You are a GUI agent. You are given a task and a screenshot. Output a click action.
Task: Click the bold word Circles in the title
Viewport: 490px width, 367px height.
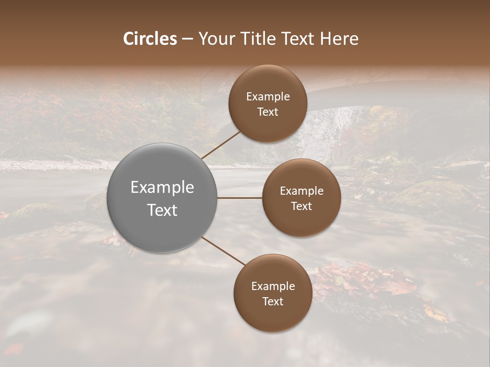tap(150, 39)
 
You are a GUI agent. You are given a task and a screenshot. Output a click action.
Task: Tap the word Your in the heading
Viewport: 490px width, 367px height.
tap(214, 39)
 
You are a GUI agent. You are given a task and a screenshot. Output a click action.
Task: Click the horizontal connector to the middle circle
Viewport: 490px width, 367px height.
tap(239, 198)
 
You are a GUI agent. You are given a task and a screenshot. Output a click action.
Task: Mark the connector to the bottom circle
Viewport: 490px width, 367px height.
tap(223, 251)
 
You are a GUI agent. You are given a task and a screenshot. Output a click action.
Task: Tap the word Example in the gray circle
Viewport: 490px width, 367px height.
tap(162, 188)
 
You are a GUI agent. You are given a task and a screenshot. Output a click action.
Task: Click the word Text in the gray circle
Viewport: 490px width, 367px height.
tap(162, 210)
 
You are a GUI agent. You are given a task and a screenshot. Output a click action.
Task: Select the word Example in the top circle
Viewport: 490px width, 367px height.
tap(267, 97)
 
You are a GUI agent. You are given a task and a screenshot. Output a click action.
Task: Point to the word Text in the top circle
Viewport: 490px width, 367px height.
tap(267, 112)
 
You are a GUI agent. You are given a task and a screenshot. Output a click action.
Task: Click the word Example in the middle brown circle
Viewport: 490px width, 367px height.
tap(301, 191)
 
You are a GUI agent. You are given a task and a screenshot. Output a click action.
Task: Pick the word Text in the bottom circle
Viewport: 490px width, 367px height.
tap(273, 302)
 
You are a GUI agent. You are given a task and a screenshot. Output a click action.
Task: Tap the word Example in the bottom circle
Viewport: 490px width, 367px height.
tap(273, 286)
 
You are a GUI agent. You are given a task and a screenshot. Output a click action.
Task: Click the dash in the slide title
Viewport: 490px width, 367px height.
tap(187, 39)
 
